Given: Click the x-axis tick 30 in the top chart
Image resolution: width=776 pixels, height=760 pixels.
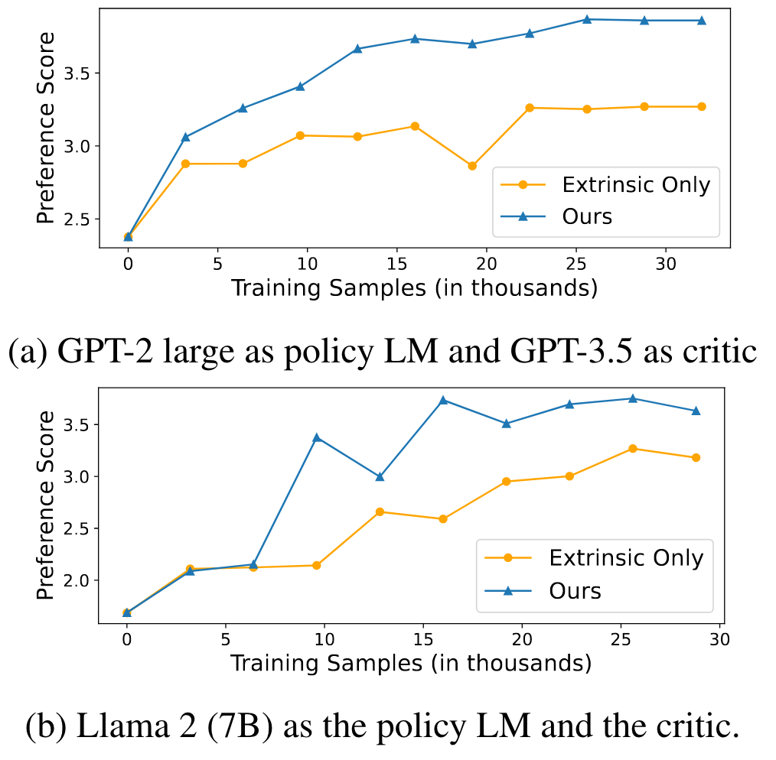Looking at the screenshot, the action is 666,264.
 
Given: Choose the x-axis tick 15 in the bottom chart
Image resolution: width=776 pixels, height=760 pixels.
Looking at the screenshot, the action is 423,639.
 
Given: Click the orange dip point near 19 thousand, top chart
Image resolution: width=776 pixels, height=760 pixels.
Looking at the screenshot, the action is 472,166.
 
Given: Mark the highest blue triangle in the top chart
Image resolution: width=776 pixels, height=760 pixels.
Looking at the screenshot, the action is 587,19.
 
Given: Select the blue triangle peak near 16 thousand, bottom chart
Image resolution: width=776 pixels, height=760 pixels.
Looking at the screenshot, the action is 443,400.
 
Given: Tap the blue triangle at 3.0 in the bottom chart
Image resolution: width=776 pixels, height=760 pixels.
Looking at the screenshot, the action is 380,476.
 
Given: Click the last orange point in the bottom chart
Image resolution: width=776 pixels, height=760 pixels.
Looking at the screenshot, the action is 696,458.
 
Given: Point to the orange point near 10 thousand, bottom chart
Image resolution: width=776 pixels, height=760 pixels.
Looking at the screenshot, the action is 317,565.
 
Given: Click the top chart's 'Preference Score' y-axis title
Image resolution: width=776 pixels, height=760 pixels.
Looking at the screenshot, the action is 45,128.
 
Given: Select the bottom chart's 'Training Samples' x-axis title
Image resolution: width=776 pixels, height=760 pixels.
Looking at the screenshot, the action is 411,663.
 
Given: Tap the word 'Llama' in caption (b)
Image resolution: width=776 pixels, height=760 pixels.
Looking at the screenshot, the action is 123,726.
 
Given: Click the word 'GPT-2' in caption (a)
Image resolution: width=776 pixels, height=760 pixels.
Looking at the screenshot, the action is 106,352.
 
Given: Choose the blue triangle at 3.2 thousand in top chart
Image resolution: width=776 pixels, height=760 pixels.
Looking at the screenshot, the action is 186,137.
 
